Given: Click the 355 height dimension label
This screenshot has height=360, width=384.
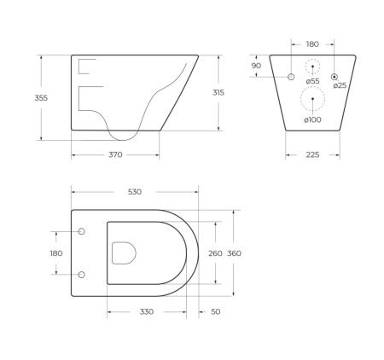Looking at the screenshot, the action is (x=41, y=98).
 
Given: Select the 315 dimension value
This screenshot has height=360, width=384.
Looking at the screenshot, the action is (x=218, y=92).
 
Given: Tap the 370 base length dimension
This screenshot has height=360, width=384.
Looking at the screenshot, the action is (x=115, y=154).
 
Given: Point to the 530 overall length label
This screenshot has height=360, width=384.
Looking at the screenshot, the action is (x=135, y=192).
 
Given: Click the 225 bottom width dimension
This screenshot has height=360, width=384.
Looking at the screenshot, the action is (x=312, y=154).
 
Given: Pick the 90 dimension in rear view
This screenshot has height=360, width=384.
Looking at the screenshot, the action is (x=256, y=66).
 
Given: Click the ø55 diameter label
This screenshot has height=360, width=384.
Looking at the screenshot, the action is (x=312, y=81).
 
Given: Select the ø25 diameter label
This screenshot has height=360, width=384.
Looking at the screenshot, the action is (x=340, y=85).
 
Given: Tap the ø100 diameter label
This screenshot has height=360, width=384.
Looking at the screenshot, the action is (x=312, y=120).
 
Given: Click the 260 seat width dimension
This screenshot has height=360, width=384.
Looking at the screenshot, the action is (x=215, y=253).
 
